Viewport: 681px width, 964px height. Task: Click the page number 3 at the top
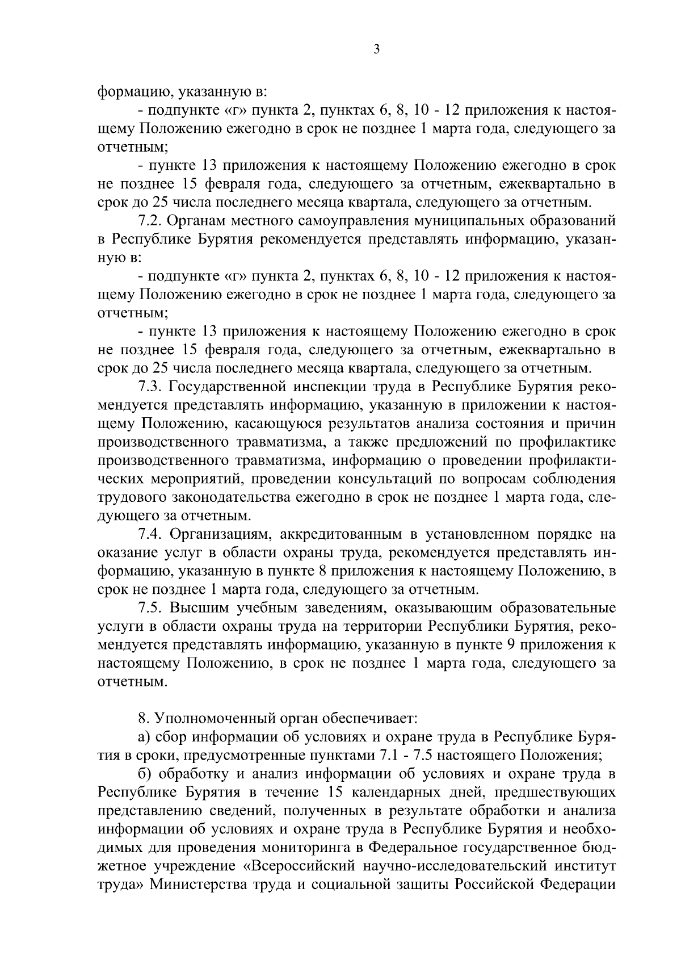376,50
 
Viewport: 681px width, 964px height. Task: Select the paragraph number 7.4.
150,534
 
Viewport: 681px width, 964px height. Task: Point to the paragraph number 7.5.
150,608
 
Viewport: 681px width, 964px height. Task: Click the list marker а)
144,737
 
